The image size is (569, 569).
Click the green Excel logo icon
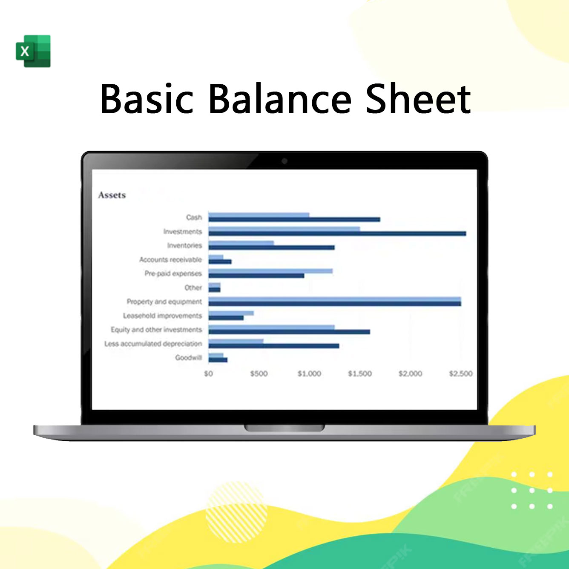point(33,51)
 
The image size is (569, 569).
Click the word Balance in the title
point(280,98)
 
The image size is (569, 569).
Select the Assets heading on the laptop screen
point(112,195)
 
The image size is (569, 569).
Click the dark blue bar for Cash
point(294,219)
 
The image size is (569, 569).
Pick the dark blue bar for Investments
point(337,233)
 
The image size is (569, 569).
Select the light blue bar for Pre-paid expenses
point(270,271)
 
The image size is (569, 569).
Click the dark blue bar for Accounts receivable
point(220,262)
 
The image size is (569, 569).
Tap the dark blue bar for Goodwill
point(218,359)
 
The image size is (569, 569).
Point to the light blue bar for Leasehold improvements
point(231,313)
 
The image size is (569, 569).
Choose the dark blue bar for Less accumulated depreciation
point(274,346)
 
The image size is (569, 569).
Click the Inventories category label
point(184,245)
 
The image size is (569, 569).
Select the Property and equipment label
point(164,302)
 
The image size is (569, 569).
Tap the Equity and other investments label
point(156,330)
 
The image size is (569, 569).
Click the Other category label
point(193,287)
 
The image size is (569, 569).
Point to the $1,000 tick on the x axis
point(309,374)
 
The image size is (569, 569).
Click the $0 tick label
point(208,374)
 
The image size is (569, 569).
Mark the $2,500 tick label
point(461,374)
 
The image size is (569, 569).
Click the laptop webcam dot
point(284,161)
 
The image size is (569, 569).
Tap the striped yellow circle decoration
point(236,512)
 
